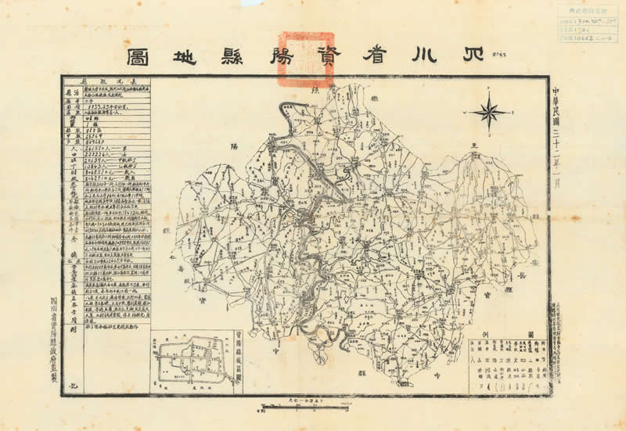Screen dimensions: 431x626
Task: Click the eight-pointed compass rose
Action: coord(490,113)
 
